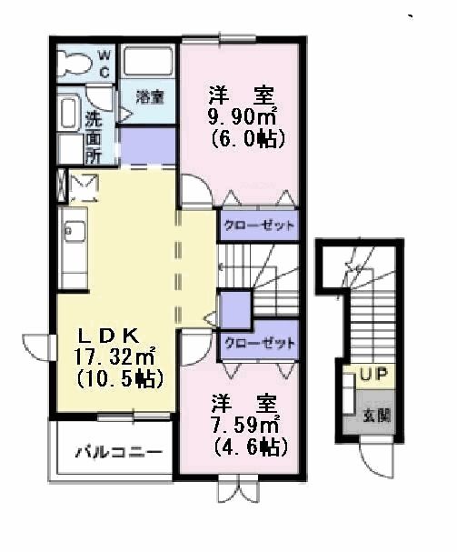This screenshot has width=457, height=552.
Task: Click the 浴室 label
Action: pos(150,96)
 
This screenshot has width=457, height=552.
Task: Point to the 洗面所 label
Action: pos(94,135)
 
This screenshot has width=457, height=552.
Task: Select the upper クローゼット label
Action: pos(259,225)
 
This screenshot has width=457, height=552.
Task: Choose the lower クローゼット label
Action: pos(259,343)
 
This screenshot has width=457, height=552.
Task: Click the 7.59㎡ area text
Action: pos(244,423)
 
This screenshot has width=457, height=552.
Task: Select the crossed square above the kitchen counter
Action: pos(84,187)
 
